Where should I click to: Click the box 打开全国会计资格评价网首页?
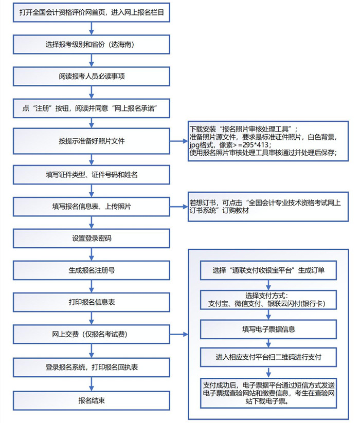tap(92, 12)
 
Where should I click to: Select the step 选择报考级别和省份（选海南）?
tap(92, 44)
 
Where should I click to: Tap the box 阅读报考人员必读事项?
tap(92, 76)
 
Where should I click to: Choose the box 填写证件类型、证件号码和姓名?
tap(92, 175)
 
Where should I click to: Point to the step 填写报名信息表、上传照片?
tap(92, 207)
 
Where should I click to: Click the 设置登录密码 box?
tap(92, 238)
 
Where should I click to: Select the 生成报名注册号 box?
tap(92, 270)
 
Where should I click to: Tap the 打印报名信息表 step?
tap(92, 302)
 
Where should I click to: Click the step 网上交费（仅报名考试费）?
tap(92, 334)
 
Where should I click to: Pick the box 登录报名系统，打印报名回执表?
tap(92, 367)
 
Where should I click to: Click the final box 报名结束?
tap(92, 400)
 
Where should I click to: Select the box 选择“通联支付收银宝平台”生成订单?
tap(268, 270)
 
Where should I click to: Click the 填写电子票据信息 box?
tap(268, 329)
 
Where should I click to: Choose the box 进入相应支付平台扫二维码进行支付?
tap(268, 356)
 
